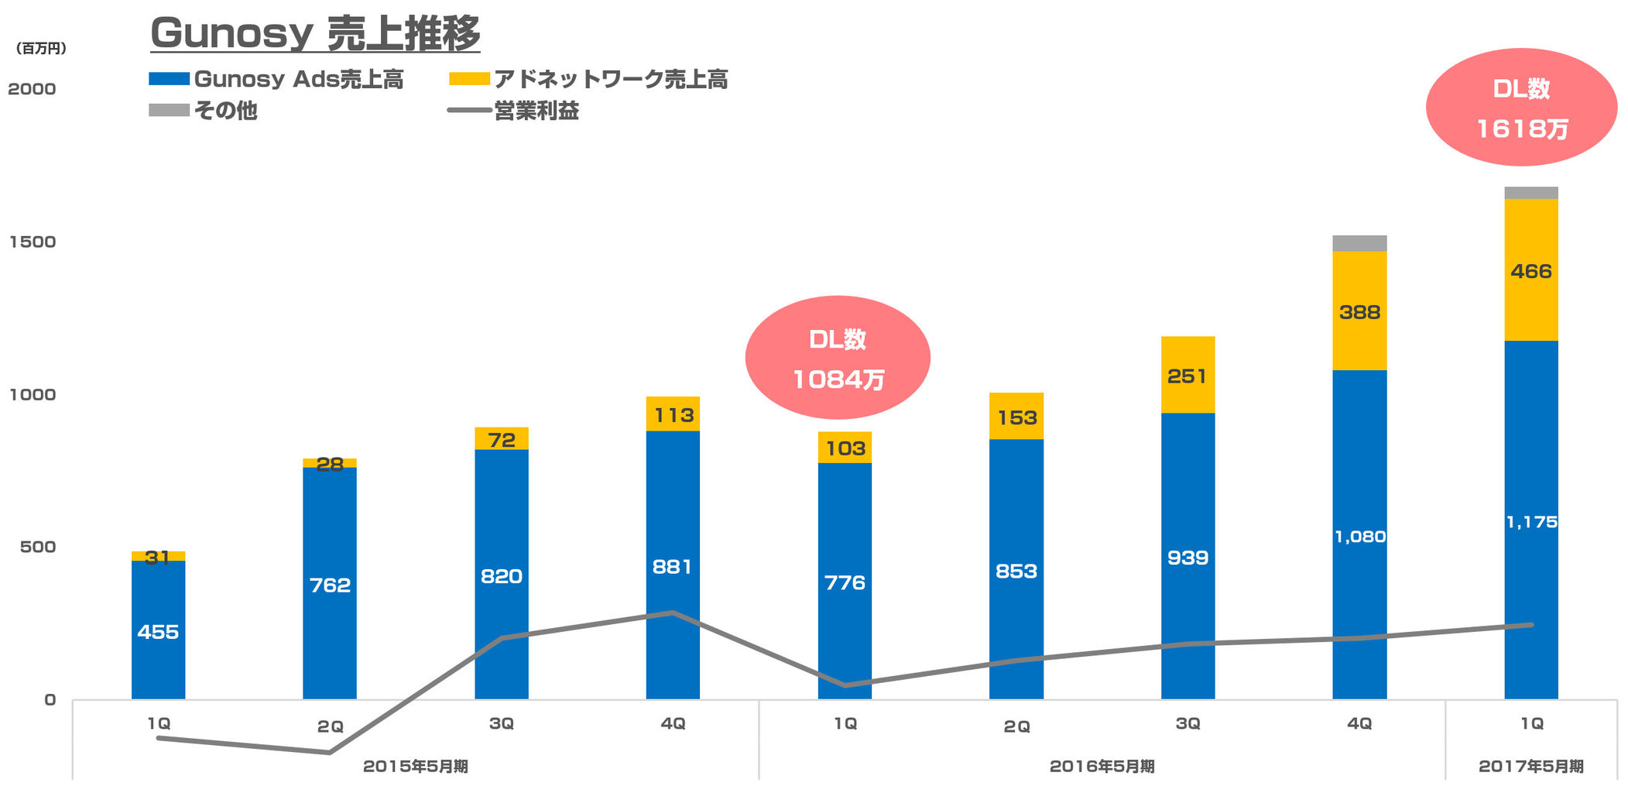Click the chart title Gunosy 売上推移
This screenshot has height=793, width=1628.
[315, 34]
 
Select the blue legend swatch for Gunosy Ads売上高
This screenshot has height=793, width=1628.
[169, 79]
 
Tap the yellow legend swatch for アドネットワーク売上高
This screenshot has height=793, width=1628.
[469, 79]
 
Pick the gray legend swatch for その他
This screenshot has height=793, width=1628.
[169, 110]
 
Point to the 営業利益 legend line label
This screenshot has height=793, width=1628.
[536, 111]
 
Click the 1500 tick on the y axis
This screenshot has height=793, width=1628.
[33, 242]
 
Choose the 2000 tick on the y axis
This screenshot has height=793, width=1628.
[33, 89]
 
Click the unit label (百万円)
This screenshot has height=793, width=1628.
[41, 49]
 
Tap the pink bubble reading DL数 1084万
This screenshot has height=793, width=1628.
[838, 358]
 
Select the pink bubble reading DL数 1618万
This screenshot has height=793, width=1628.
[1521, 108]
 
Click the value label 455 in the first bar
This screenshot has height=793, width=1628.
[158, 632]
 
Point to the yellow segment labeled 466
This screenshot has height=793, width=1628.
[1531, 270]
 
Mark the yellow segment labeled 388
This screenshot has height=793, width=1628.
[1359, 311]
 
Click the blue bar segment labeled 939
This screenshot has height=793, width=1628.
[1188, 558]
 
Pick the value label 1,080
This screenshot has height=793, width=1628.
[1359, 537]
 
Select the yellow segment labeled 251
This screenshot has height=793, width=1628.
[1188, 376]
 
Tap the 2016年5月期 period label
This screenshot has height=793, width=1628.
[1102, 766]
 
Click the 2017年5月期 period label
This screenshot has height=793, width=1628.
[1530, 766]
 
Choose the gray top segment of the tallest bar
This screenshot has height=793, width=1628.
[1531, 193]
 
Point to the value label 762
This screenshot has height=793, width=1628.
[330, 585]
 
